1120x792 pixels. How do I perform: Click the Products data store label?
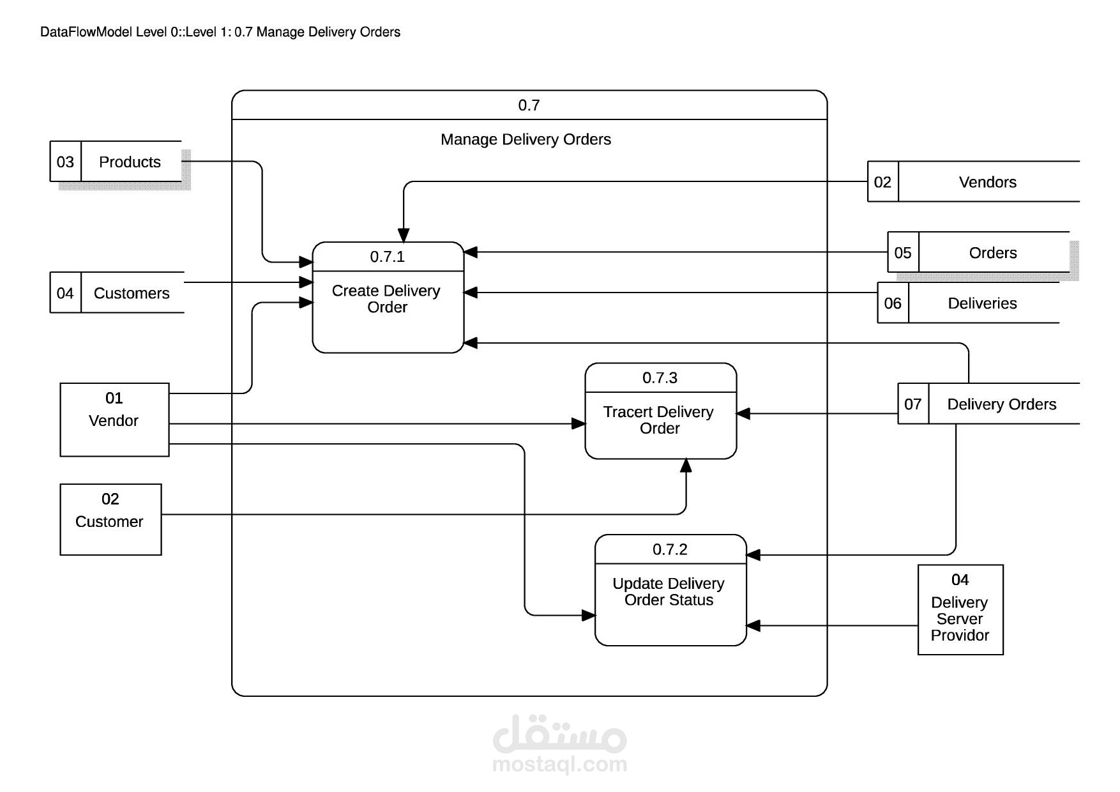pyautogui.click(x=130, y=162)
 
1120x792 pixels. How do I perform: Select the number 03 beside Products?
pyautogui.click(x=65, y=162)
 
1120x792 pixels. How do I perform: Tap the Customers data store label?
pyautogui.click(x=132, y=293)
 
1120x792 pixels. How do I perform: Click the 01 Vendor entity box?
pyautogui.click(x=114, y=419)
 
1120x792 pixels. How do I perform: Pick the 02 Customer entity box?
pyautogui.click(x=110, y=519)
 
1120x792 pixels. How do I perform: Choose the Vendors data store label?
pyautogui.click(x=987, y=183)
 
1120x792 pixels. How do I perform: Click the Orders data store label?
pyautogui.click(x=992, y=253)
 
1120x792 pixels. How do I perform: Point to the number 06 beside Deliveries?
pyautogui.click(x=893, y=303)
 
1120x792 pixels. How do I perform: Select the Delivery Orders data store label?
pyautogui.click(x=1001, y=404)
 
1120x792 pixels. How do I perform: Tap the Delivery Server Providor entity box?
pyautogui.click(x=960, y=609)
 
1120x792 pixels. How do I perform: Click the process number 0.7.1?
pyautogui.click(x=388, y=257)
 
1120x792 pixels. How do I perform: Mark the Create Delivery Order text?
pyautogui.click(x=386, y=299)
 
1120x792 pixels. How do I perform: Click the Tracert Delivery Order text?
pyautogui.click(x=659, y=420)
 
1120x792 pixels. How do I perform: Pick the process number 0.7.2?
pyautogui.click(x=670, y=549)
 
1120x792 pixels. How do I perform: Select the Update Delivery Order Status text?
pyautogui.click(x=669, y=591)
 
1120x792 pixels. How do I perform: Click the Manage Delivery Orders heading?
pyautogui.click(x=526, y=140)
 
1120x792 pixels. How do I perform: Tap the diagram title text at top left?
pyautogui.click(x=220, y=32)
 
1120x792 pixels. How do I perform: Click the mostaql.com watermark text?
pyautogui.click(x=559, y=764)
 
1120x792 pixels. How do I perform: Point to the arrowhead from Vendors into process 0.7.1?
pyautogui.click(x=404, y=235)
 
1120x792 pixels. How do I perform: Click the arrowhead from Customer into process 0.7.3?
pyautogui.click(x=686, y=466)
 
